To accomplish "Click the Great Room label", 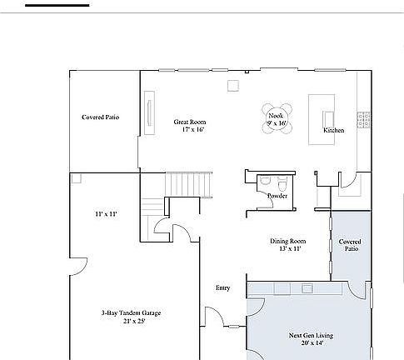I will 189,122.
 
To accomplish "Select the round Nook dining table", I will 276,117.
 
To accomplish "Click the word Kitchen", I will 334,131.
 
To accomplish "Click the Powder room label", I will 277,197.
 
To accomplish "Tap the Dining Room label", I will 287,241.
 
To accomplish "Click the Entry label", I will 222,287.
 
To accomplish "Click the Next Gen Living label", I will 311,336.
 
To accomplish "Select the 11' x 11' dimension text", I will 106,214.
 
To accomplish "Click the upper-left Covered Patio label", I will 100,117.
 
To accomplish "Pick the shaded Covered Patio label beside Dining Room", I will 349,245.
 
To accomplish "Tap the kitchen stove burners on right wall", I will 363,119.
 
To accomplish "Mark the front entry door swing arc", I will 214,316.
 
